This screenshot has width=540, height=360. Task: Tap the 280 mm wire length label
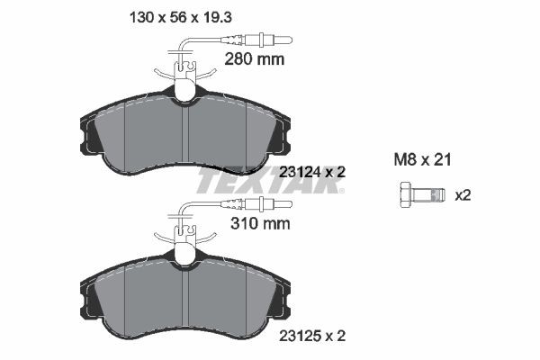click(x=253, y=60)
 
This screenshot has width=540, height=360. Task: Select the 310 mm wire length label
click(x=253, y=226)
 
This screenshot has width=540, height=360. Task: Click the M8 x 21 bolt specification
click(x=422, y=159)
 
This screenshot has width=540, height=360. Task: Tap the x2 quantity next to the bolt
click(x=464, y=194)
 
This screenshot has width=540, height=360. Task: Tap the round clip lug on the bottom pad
click(x=185, y=255)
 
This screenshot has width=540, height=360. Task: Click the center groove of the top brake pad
click(x=184, y=135)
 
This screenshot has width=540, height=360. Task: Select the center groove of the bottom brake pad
click(x=184, y=301)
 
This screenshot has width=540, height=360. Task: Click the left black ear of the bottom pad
click(x=90, y=302)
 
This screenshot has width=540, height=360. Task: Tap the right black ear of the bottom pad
click(x=282, y=302)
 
